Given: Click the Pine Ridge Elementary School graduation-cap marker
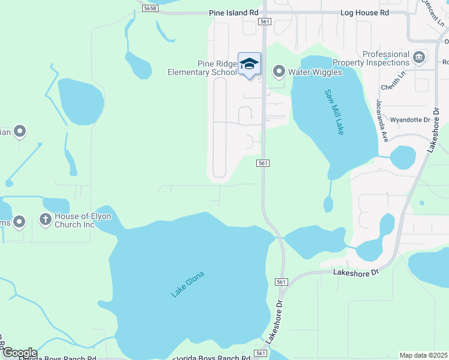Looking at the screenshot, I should pyautogui.click(x=250, y=64).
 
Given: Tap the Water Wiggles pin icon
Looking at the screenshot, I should pyautogui.click(x=279, y=72).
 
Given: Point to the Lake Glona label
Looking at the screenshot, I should pyautogui.click(x=187, y=284).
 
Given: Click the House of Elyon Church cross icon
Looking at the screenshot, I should pyautogui.click(x=45, y=220).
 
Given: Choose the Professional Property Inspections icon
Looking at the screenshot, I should pyautogui.click(x=419, y=58).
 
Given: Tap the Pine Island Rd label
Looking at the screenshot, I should pyautogui.click(x=234, y=12).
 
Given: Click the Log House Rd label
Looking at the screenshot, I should pyautogui.click(x=364, y=12).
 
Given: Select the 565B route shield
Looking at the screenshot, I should pyautogui.click(x=151, y=8).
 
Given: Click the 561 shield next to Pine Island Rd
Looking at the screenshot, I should pyautogui.click(x=265, y=22).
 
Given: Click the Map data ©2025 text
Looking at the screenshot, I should pyautogui.click(x=423, y=355).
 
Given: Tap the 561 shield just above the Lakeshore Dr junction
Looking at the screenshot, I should pyautogui.click(x=282, y=281).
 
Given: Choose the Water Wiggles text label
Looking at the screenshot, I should pyautogui.click(x=315, y=72).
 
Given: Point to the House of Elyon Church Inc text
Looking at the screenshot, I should pyautogui.click(x=83, y=220).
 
